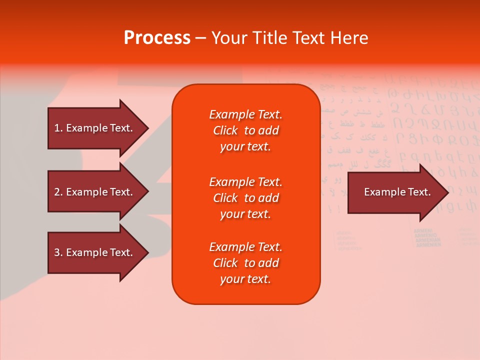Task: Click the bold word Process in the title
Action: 157,38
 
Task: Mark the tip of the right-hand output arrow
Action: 447,192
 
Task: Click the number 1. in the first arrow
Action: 58,128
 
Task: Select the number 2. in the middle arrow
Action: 58,192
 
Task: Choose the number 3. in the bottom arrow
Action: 58,252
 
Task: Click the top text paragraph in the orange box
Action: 245,130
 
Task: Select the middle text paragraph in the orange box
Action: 245,198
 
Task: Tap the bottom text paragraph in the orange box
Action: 245,263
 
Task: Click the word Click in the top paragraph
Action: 225,130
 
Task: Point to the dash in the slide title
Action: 200,38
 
